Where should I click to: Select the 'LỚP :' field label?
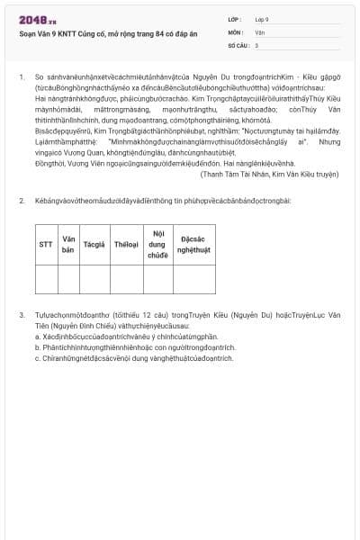pos(235,19)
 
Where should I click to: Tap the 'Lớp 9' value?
pos(261,19)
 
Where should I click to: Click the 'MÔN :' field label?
pos(236,31)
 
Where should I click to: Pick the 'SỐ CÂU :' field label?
pos(238,44)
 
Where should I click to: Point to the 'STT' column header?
pos(46,244)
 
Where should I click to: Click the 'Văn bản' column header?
pos(67,244)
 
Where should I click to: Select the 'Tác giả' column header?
pos(94,244)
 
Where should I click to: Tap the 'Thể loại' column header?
pos(126,244)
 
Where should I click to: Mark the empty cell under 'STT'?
pos(46,279)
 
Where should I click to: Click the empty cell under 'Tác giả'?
pos(94,279)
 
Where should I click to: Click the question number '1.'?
pos(22,77)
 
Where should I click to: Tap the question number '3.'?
pos(22,315)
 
